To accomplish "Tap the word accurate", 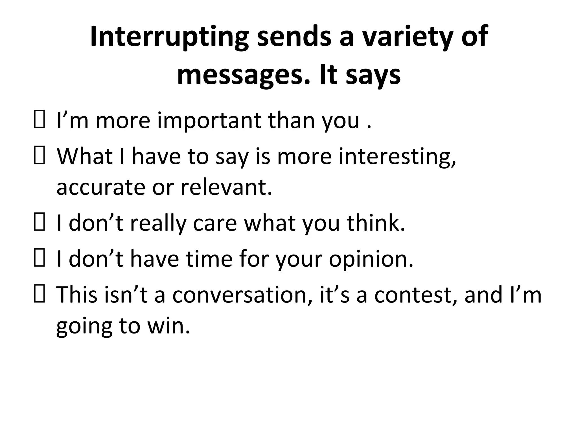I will click(100, 187).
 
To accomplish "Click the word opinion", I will click(371, 259).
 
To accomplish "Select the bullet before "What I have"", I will click(39, 157).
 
